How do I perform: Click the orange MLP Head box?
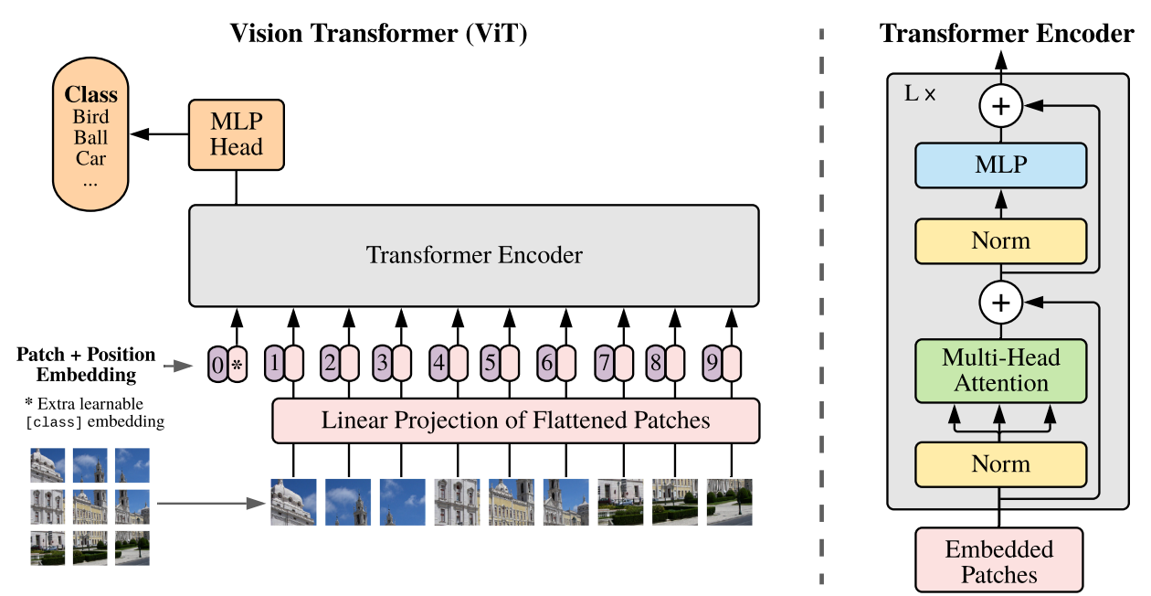(x=237, y=134)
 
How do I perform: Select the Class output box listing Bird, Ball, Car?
(x=91, y=137)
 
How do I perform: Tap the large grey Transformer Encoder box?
(x=473, y=255)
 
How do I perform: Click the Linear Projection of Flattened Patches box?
(x=515, y=420)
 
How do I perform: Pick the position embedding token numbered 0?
(x=216, y=366)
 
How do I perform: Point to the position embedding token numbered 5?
(x=491, y=364)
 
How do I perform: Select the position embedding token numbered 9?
(x=711, y=364)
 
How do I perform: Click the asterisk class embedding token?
(x=237, y=366)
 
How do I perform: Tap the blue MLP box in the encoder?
(x=1000, y=165)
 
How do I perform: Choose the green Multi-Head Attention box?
(x=1000, y=369)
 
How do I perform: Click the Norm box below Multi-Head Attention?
(x=1000, y=463)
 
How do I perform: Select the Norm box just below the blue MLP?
(x=1000, y=240)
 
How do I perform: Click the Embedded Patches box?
(x=998, y=561)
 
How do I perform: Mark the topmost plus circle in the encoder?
(x=1001, y=107)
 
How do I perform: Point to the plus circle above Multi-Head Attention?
(x=1001, y=302)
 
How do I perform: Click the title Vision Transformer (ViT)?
(x=379, y=34)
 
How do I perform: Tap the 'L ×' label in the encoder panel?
(x=920, y=93)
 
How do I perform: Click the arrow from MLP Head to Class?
(x=159, y=134)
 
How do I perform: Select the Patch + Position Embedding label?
(x=86, y=364)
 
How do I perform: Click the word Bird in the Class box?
(x=91, y=117)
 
